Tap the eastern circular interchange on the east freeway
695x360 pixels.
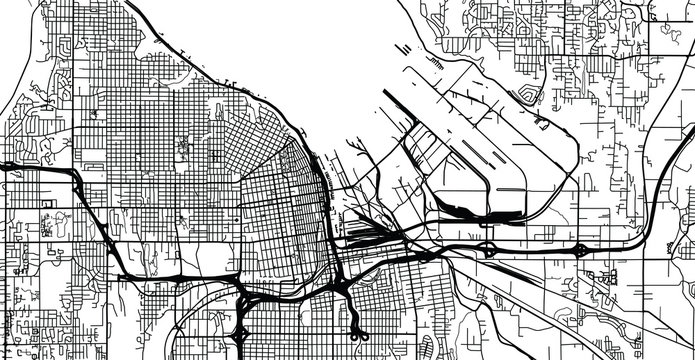[581, 248]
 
